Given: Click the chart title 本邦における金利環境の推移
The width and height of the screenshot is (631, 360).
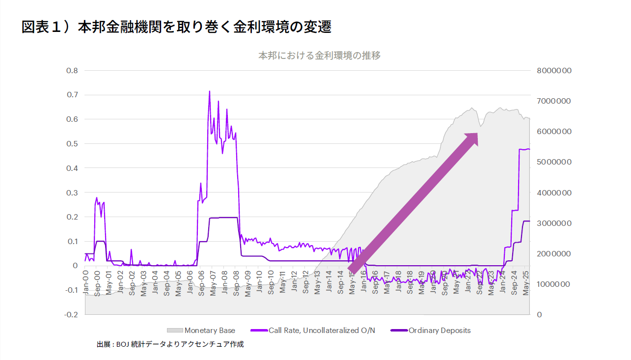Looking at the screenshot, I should [319, 55].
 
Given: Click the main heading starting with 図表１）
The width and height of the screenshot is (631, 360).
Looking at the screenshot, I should [176, 27].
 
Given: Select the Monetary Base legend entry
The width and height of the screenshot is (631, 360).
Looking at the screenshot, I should [201, 331].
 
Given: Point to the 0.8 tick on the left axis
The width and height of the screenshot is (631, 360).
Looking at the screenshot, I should [72, 71].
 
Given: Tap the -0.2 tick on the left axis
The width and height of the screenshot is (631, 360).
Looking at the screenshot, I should [72, 314].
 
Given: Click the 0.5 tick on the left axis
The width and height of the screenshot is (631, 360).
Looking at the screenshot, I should [72, 144].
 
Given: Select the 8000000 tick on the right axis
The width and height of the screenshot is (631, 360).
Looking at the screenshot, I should [554, 71].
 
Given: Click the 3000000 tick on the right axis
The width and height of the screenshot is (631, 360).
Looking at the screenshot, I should [554, 223].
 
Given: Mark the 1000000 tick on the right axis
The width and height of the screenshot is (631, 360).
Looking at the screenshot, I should [554, 284].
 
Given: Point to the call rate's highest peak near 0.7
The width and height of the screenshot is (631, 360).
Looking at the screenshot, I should [210, 91].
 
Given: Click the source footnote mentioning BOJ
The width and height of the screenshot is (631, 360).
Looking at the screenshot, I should [170, 345].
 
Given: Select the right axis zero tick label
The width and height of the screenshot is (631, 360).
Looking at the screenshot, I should [540, 314].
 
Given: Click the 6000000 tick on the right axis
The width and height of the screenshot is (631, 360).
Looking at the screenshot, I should [554, 132].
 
